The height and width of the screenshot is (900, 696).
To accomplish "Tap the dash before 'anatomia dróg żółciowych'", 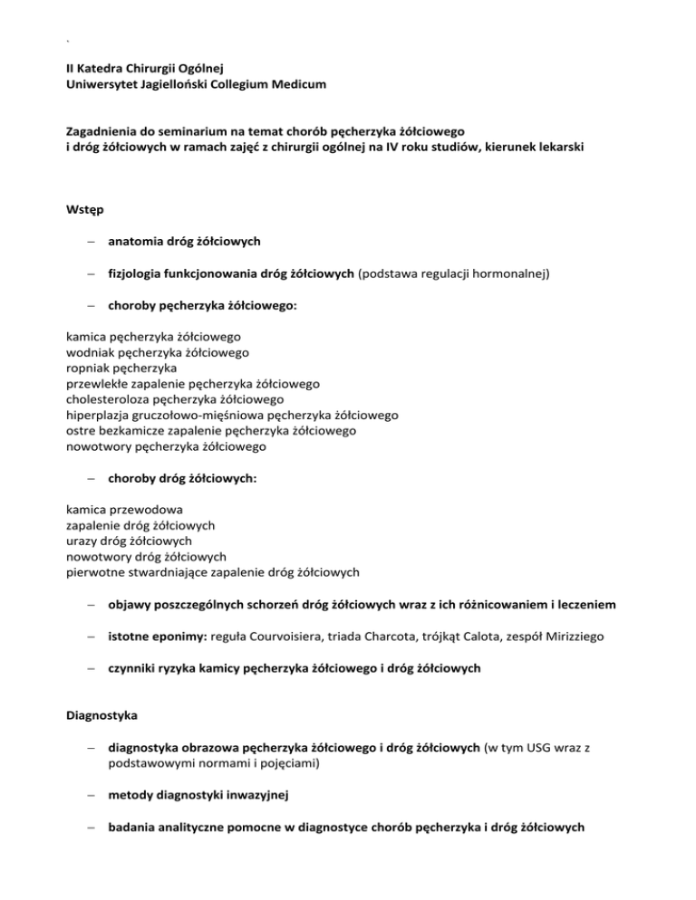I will pos(91,243).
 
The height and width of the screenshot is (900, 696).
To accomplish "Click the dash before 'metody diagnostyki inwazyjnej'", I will pos(91,799).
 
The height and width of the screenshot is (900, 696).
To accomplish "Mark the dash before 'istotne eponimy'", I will pos(91,639).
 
